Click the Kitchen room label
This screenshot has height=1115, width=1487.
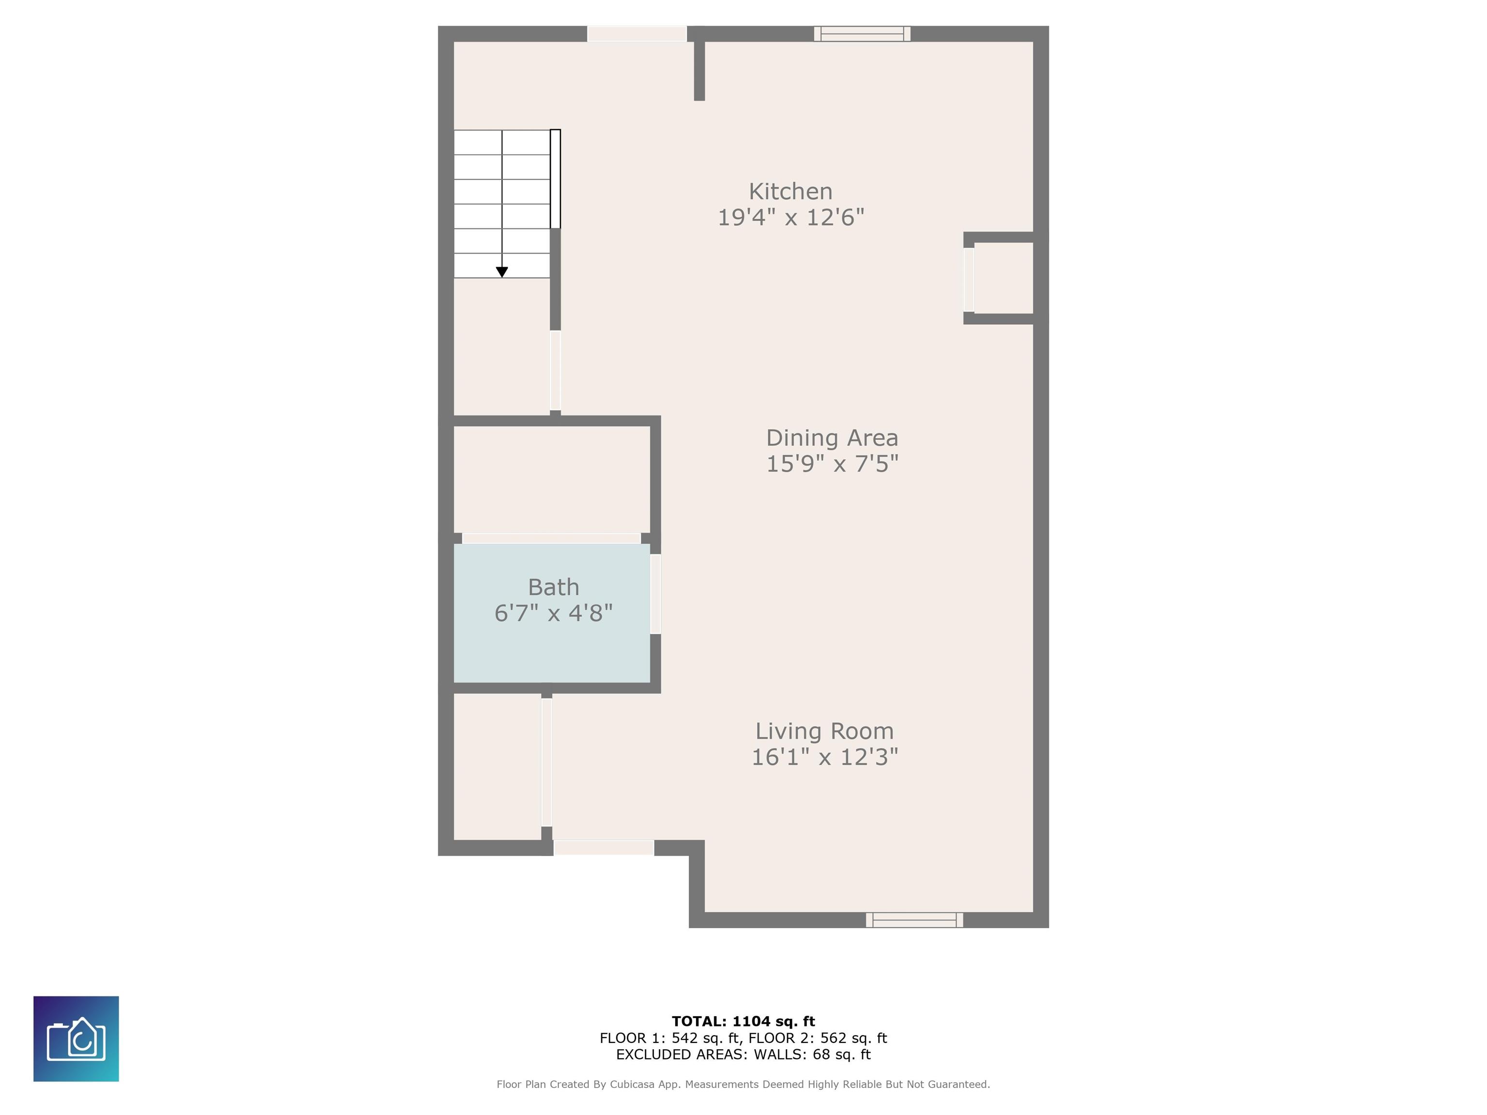tap(790, 192)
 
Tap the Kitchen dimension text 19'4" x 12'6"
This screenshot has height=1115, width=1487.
tap(790, 218)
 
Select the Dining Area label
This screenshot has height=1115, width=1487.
tap(832, 438)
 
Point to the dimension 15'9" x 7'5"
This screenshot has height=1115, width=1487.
tap(832, 464)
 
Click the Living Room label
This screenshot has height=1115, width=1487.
tap(824, 731)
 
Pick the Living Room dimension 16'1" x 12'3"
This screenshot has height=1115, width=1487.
tap(824, 757)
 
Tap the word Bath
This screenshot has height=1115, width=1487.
tap(553, 588)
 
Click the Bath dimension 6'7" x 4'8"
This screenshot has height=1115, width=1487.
tap(553, 613)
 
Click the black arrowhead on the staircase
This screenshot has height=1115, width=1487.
tap(502, 272)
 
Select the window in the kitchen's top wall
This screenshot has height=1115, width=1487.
tap(862, 33)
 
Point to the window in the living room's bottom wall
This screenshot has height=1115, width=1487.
tap(914, 920)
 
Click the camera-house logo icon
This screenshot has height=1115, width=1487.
tap(76, 1039)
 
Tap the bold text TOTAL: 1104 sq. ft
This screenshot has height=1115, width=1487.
tap(743, 1022)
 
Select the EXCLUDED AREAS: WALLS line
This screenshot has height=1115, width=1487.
tap(743, 1055)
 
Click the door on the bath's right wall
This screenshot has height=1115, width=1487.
tap(655, 593)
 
